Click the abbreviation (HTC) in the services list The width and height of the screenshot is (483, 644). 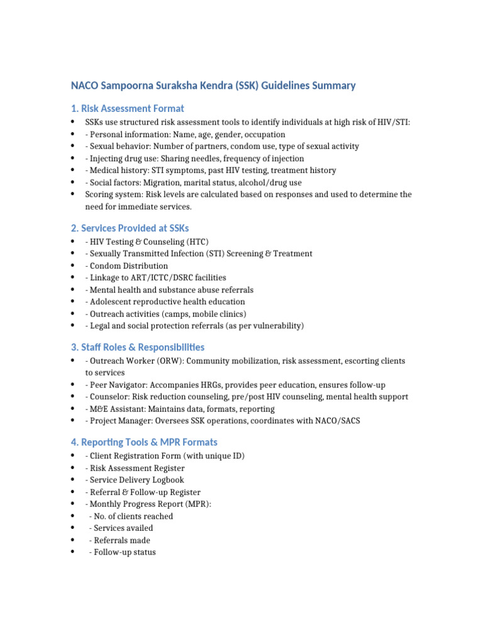196,242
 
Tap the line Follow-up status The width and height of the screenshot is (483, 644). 124,552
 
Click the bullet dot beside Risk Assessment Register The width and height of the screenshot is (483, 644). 73,469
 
